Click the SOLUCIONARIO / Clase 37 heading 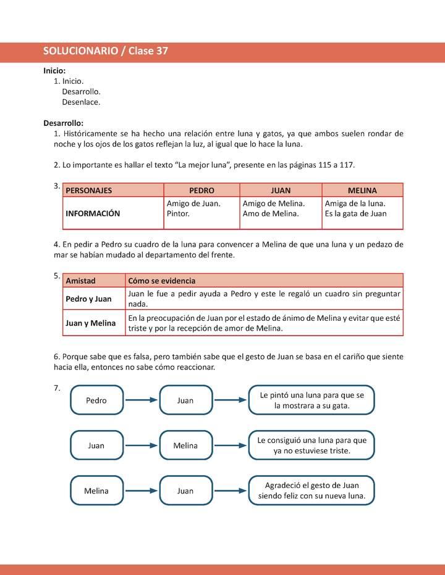click(106, 52)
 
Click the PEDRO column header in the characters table click(201, 190)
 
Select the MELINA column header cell click(362, 190)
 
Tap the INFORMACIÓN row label click(93, 213)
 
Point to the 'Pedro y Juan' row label click(88, 299)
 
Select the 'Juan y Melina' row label click(90, 323)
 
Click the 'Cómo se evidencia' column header click(161, 280)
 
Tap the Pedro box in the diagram click(96, 400)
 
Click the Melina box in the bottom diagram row click(96, 491)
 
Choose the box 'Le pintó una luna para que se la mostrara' click(311, 400)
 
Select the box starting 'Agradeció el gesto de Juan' click(311, 490)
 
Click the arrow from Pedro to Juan click(142, 400)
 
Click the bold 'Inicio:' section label click(54, 70)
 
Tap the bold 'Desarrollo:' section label click(63, 123)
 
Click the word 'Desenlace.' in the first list click(81, 102)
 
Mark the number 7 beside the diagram click(57, 388)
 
